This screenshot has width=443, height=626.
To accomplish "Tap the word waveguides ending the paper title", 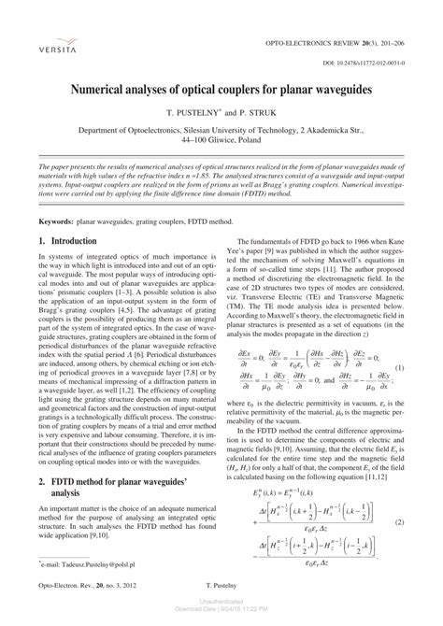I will (345, 87).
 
